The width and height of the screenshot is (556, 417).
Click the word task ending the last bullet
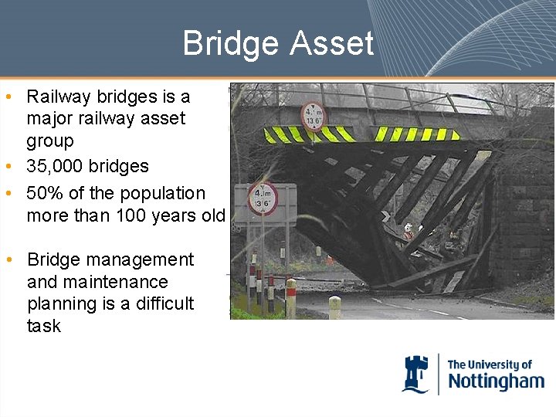[43, 326]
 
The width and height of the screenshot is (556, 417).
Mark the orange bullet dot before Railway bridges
[7, 97]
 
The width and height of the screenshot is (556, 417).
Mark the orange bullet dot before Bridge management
[7, 260]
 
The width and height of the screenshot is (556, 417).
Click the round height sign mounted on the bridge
[314, 117]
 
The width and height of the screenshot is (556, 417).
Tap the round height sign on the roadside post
[263, 198]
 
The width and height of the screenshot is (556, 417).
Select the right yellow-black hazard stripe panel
[415, 134]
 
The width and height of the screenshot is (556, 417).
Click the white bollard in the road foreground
[334, 307]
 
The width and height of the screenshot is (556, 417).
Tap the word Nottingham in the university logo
[496, 381]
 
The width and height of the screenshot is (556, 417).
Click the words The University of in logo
[490, 364]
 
